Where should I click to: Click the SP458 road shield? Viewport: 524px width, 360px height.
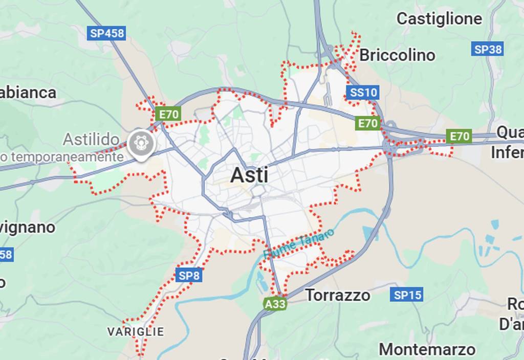(107, 33)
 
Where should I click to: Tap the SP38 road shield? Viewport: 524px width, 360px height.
(488, 49)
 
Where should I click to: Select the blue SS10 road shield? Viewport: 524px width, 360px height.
(363, 93)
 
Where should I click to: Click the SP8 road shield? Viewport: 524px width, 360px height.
(189, 276)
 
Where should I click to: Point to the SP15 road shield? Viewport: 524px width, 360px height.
(408, 295)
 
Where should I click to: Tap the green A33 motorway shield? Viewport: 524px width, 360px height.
(275, 304)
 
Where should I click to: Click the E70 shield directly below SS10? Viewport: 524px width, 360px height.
(368, 123)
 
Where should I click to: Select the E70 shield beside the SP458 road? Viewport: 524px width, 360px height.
(168, 114)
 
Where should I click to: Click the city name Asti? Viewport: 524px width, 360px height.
(249, 175)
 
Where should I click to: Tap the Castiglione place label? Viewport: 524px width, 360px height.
(439, 19)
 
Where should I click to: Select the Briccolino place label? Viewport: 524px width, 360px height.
(397, 55)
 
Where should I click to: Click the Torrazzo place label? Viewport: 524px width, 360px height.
(338, 295)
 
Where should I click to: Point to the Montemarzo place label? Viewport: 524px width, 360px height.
(427, 349)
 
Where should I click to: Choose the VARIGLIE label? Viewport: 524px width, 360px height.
(136, 332)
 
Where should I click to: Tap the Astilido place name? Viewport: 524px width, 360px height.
(91, 139)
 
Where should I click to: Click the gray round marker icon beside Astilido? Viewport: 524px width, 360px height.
(141, 143)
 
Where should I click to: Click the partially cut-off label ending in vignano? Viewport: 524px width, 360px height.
(28, 227)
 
